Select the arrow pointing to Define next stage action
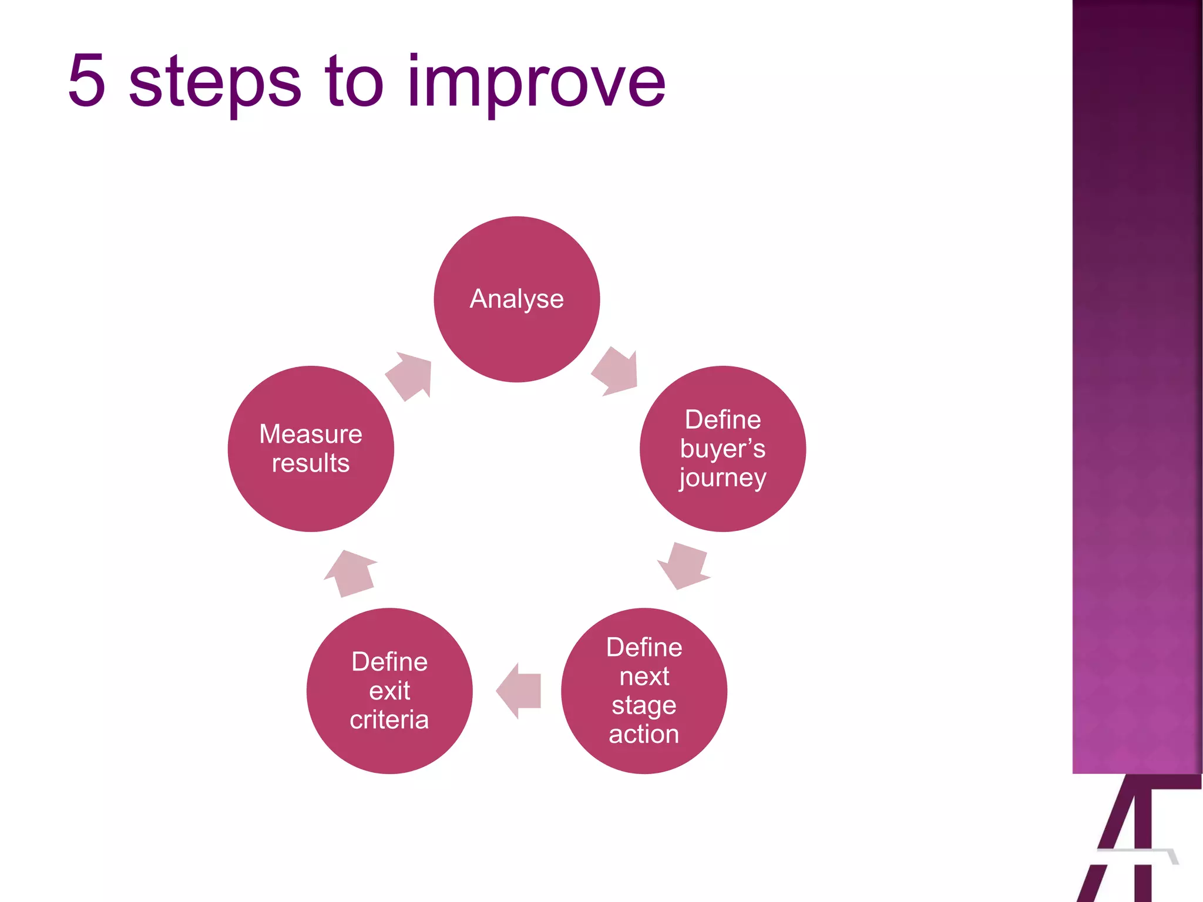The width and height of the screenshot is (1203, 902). click(x=684, y=565)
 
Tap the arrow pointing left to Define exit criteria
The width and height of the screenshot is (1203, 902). click(x=519, y=691)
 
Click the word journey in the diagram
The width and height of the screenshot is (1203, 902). click(x=723, y=478)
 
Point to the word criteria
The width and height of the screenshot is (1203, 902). click(x=389, y=719)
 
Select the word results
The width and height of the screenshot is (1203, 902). click(x=311, y=463)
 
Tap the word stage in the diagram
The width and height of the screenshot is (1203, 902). click(x=644, y=706)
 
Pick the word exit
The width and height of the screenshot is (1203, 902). click(x=389, y=691)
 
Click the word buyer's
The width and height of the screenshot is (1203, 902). click(x=723, y=449)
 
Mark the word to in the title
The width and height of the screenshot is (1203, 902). click(x=354, y=82)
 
